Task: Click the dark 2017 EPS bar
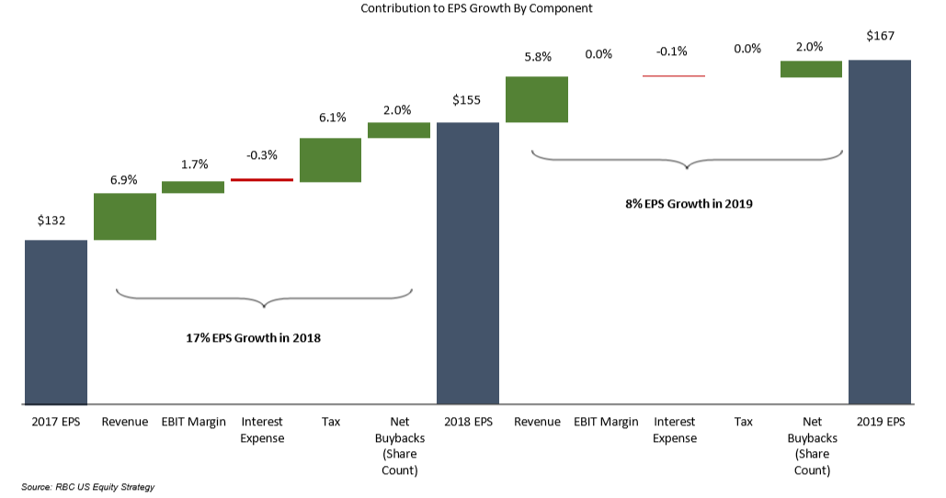coord(56,322)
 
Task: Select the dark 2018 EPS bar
coord(468,263)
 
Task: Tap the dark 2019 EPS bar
coord(880,232)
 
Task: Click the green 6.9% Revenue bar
coord(125,216)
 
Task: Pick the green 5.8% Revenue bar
coord(537,99)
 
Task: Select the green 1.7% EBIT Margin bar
coord(193,187)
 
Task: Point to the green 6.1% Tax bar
coord(330,160)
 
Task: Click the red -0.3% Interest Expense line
coord(262,180)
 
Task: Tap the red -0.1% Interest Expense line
coord(674,75)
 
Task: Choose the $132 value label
coord(51,221)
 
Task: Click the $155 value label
coord(467,100)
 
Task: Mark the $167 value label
coord(880,37)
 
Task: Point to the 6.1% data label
coord(332,118)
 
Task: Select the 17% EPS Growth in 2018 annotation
coord(253,338)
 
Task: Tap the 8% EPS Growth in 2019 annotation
coord(688,204)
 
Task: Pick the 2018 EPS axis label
coord(468,422)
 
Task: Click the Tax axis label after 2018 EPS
coord(743,422)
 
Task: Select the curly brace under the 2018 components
coord(264,298)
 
